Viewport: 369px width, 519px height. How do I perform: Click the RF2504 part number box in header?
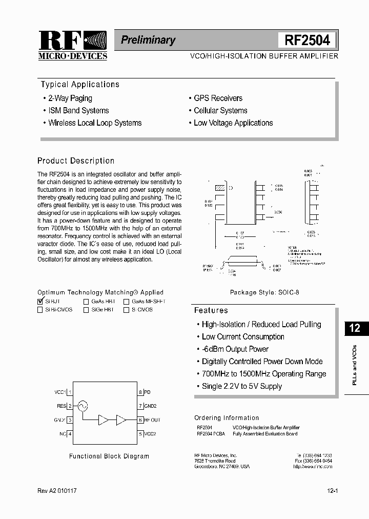[307, 40]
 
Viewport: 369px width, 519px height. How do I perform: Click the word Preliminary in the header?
[148, 40]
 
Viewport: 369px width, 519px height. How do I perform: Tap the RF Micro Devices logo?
[72, 45]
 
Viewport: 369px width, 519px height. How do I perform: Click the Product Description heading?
[76, 161]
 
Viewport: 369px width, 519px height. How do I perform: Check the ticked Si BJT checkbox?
[40, 302]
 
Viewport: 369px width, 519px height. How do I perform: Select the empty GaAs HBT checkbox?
[86, 302]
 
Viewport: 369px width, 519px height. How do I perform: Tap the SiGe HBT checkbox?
[86, 310]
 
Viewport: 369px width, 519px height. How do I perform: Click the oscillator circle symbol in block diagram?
[81, 406]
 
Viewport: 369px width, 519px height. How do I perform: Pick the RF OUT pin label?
[152, 420]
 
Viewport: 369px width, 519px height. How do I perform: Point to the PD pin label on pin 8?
[148, 392]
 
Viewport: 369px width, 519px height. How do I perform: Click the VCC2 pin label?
[150, 434]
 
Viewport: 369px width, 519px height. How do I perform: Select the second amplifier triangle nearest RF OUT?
[121, 420]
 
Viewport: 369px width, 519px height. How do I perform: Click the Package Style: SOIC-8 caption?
[264, 292]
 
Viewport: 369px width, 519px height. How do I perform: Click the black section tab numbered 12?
[355, 328]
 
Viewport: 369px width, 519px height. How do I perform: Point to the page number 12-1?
[332, 491]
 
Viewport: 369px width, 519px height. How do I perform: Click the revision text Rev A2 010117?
[57, 491]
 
